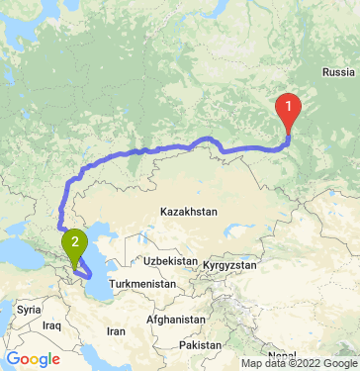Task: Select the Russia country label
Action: point(338,72)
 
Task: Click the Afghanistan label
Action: point(172,321)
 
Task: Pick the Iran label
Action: point(116,331)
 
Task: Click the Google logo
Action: point(33,359)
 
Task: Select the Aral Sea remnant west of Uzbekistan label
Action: point(137,237)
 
